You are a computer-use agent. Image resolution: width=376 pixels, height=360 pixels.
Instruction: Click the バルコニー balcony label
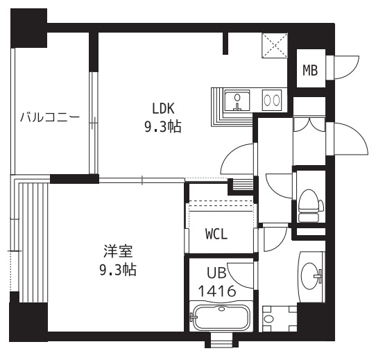49,117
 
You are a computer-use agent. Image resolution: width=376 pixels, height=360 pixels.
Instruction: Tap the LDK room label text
164,108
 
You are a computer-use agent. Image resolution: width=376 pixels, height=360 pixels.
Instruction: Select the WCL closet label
216,234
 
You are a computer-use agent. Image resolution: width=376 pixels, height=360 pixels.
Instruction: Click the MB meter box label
310,69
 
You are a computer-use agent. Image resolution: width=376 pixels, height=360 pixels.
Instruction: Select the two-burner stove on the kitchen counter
271,101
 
